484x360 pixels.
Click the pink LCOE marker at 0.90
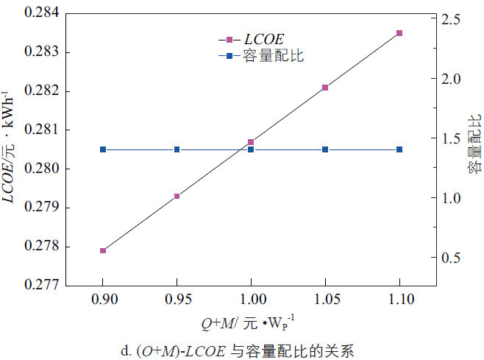(103, 250)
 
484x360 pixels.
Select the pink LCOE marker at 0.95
(177, 196)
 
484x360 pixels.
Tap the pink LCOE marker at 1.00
(251, 142)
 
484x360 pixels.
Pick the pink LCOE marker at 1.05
(325, 88)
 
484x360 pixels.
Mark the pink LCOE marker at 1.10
(399, 33)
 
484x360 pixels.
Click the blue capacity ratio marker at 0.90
(103, 149)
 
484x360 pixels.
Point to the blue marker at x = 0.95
(177, 149)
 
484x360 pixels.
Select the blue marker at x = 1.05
(325, 149)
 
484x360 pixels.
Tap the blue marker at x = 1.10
(399, 149)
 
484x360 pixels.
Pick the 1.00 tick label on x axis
(251, 300)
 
